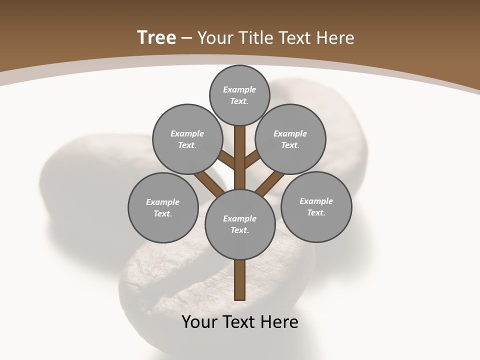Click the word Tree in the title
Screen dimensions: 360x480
[x=156, y=37]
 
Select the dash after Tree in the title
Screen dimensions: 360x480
[x=186, y=38]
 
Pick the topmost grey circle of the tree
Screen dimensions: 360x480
[x=239, y=95]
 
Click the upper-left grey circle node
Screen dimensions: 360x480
[x=187, y=139]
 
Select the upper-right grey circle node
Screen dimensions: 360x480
[x=290, y=139]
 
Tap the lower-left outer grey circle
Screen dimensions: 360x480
[x=163, y=207]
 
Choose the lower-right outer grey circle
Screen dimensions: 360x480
[x=316, y=206]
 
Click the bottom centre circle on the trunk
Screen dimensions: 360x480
[x=240, y=224]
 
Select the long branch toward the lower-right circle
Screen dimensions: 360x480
[x=269, y=183]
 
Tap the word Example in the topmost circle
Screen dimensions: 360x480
[x=239, y=89]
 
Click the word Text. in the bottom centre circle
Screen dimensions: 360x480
[x=240, y=230]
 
